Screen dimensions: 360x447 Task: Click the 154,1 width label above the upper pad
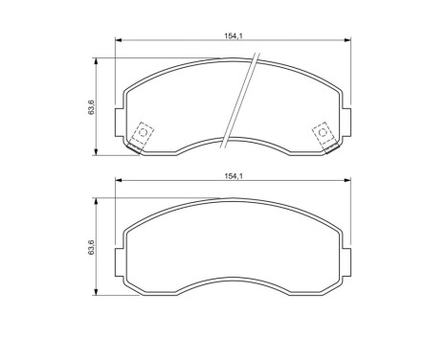(x=231, y=35)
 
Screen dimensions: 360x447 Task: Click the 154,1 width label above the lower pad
(x=231, y=176)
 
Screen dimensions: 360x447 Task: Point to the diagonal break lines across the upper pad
(x=240, y=101)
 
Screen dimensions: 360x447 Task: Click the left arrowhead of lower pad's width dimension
(x=119, y=183)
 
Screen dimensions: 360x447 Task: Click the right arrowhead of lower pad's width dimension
(x=345, y=183)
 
